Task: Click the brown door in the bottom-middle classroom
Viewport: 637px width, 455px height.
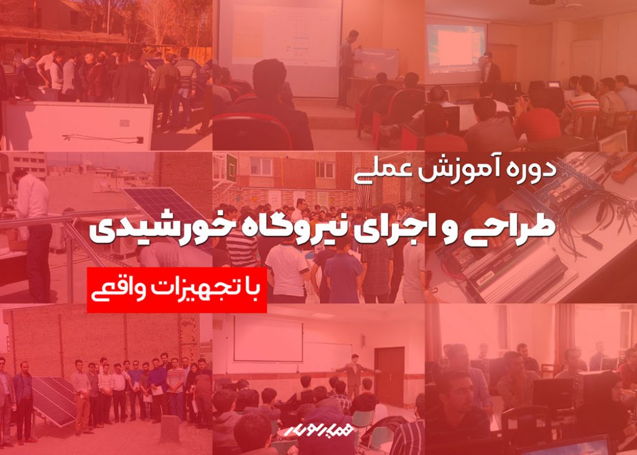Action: click(389, 377)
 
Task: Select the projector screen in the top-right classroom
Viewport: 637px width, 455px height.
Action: click(456, 48)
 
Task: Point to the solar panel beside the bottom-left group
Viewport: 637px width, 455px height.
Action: click(53, 400)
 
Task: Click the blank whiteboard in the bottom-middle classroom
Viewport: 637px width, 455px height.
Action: click(268, 339)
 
